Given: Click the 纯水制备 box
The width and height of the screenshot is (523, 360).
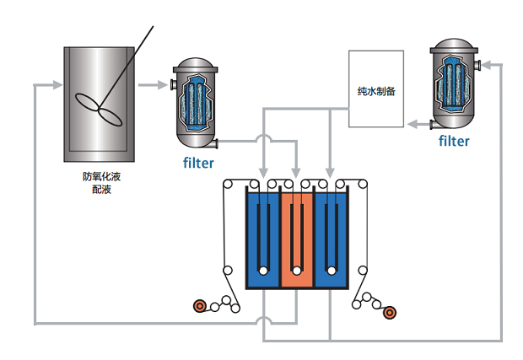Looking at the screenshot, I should point(376,89).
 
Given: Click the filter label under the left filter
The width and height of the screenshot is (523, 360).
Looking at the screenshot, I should point(199,163).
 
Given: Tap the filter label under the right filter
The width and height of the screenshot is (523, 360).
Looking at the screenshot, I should point(454,142).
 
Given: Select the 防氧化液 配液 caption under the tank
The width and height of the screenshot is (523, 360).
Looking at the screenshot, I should point(102,183).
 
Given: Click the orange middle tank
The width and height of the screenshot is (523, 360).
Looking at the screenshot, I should point(296,240).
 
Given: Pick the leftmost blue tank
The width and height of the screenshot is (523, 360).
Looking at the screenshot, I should point(261,240).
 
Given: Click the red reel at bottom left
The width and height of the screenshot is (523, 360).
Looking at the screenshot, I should point(200,306).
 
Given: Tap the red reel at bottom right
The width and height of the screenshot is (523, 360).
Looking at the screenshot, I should point(389,313).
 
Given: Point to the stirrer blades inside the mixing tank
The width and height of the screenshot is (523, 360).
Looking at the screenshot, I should point(100,102).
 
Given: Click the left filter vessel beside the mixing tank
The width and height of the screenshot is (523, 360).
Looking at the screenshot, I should point(193,102).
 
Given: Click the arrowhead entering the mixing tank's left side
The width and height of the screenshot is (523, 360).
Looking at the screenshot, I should point(57,85).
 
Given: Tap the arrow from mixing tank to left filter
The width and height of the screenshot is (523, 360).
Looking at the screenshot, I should point(156,85).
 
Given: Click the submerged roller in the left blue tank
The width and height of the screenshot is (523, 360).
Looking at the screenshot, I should point(263,271).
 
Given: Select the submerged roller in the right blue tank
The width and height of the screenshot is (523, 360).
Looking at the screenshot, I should point(330,271).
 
